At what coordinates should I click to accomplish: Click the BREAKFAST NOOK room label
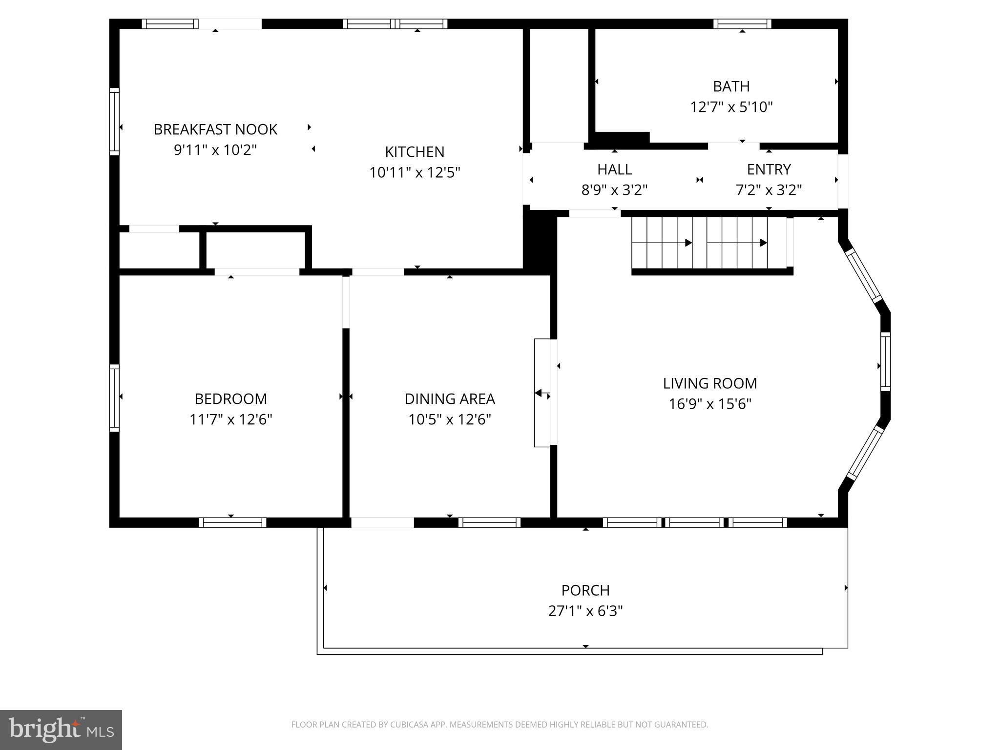point(215,129)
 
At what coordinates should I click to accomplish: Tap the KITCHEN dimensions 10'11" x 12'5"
point(415,172)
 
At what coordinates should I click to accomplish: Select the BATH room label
point(731,86)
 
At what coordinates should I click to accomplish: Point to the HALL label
point(614,169)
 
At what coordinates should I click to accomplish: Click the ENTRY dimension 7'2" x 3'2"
point(769,190)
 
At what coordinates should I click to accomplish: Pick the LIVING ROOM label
point(709,383)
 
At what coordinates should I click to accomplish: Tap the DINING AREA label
point(449,399)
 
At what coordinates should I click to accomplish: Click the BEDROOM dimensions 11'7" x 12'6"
point(230,419)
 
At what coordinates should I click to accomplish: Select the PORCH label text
point(585,590)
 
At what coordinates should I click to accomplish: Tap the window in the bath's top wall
point(742,24)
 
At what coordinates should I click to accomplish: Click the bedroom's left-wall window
point(114,397)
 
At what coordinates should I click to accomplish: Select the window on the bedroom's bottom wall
point(232,522)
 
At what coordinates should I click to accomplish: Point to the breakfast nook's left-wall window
point(114,121)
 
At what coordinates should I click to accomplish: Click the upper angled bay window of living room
point(864,275)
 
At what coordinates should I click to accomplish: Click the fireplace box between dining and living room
point(542,393)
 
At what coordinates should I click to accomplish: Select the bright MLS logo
point(61,729)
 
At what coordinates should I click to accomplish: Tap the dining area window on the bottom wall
point(489,522)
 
